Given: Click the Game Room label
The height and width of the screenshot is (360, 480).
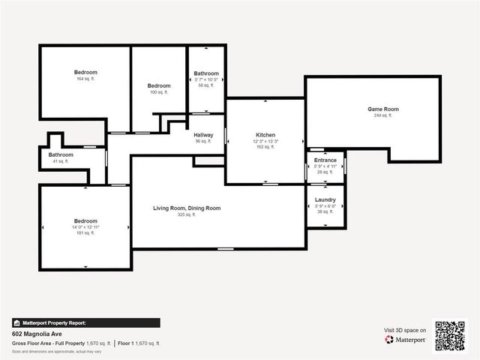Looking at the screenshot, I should pyautogui.click(x=382, y=109).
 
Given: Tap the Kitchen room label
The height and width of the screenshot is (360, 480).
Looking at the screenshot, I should pyautogui.click(x=265, y=134).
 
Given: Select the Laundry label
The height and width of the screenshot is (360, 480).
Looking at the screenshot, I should pyautogui.click(x=325, y=199).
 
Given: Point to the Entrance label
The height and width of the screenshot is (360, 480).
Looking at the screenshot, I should pyautogui.click(x=325, y=160).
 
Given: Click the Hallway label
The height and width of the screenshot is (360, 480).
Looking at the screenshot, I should pyautogui.click(x=204, y=135).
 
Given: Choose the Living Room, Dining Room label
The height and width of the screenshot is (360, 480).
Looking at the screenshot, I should pyautogui.click(x=187, y=208).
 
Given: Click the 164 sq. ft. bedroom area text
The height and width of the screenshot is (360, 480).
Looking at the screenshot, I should pyautogui.click(x=85, y=79).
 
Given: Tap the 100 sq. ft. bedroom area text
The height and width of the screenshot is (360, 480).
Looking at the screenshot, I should pyautogui.click(x=159, y=92).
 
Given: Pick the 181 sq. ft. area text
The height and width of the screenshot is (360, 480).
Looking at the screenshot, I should pyautogui.click(x=85, y=233).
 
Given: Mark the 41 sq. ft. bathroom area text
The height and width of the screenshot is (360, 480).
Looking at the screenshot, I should pyautogui.click(x=61, y=161).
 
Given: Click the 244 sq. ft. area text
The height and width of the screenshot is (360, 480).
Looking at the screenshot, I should pyautogui.click(x=382, y=115).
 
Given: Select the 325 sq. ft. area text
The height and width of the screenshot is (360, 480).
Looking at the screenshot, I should pyautogui.click(x=186, y=214).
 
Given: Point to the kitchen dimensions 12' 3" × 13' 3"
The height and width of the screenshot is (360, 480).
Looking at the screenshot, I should pyautogui.click(x=265, y=141).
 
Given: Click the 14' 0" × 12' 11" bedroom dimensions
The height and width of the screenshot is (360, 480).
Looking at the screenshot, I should pyautogui.click(x=85, y=227).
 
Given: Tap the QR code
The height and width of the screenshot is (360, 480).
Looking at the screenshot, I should pyautogui.click(x=450, y=335).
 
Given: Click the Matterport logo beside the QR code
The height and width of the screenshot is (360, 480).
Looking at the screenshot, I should pyautogui.click(x=406, y=340).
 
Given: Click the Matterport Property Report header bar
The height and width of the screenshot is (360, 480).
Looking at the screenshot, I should pyautogui.click(x=85, y=322).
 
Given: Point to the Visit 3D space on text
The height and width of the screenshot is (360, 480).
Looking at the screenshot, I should pyautogui.click(x=405, y=330).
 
